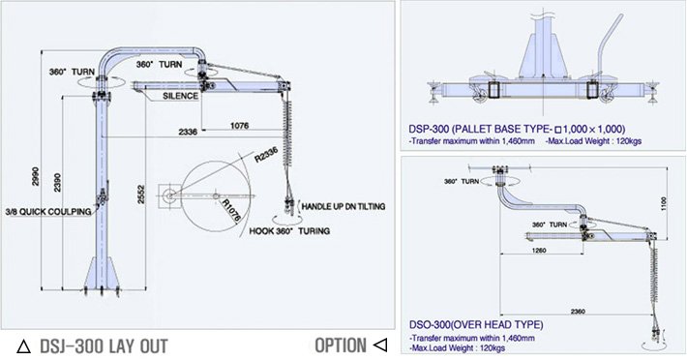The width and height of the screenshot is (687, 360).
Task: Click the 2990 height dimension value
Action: pos(36,176)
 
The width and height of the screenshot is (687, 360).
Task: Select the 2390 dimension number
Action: pos(57,183)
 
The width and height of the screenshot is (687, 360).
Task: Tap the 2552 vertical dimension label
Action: pos(141,194)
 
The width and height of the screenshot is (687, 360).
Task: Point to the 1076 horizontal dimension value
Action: pos(239,126)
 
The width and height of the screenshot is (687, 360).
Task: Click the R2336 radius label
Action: pos(266,156)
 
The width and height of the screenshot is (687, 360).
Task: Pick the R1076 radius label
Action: pos(231,210)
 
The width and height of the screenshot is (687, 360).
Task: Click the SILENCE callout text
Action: pos(181,96)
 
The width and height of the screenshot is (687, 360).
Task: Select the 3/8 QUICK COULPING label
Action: pos(48,212)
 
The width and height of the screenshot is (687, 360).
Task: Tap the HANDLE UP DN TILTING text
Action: pos(343,206)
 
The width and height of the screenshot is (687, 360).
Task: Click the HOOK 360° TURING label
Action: pos(289,231)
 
